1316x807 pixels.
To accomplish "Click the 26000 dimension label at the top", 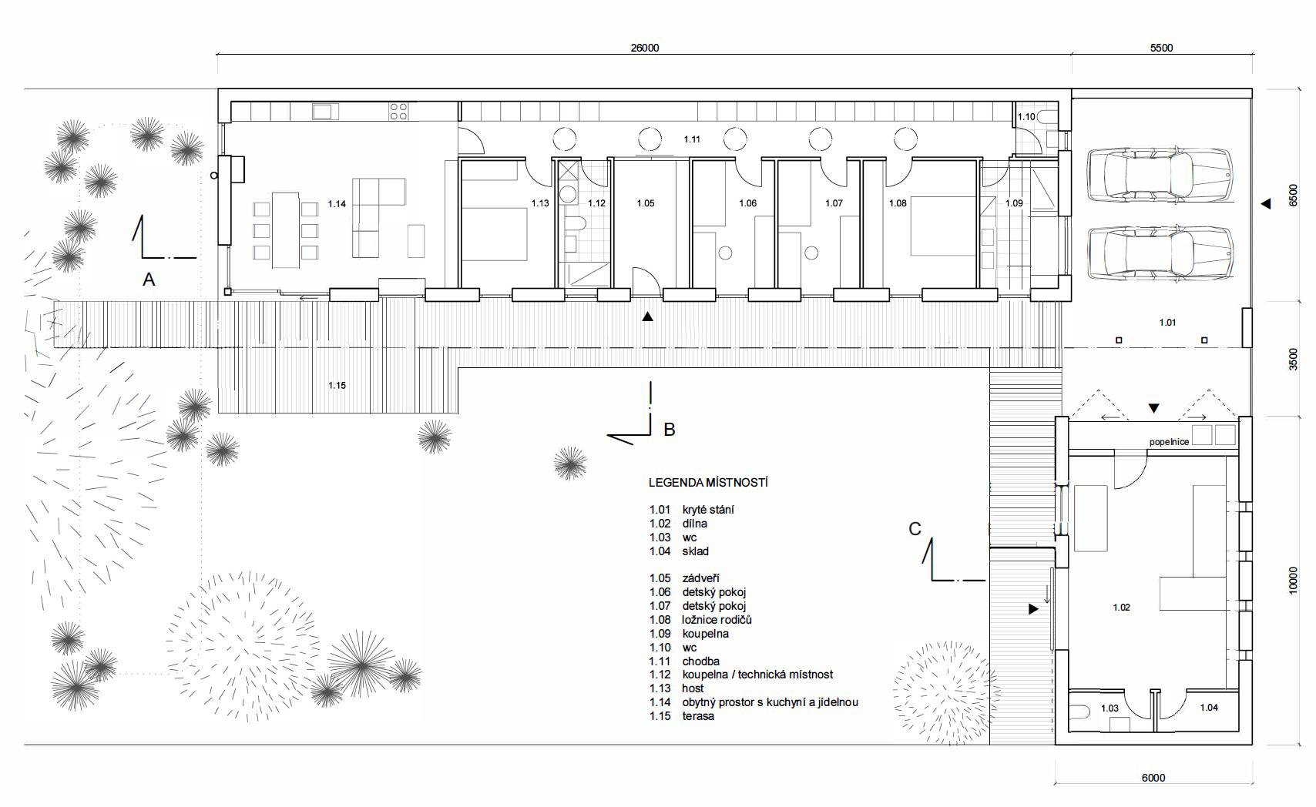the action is tap(644, 49).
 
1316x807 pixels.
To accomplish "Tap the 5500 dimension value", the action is tap(1161, 49).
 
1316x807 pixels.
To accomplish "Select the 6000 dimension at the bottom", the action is tap(1153, 778).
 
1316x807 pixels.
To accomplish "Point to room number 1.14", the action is tap(337, 204).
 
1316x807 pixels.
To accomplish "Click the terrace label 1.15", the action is tap(337, 385).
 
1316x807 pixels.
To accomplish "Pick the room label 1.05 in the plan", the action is tap(645, 203).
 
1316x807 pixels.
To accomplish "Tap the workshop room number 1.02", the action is tap(1121, 608).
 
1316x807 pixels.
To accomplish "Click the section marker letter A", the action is tap(149, 280).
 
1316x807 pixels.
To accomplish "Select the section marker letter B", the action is tap(669, 430).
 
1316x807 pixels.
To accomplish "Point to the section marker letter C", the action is tap(915, 529).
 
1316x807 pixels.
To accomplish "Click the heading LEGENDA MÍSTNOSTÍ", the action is tap(708, 483).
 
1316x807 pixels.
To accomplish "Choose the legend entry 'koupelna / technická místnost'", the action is tap(757, 675).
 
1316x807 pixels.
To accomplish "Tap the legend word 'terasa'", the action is tap(698, 716).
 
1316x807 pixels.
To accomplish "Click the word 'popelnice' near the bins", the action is tap(1169, 442).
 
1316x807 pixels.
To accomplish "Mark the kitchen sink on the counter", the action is tap(325, 111).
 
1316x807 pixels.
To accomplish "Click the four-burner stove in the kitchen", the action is tap(398, 111).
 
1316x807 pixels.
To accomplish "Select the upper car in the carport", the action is tap(1160, 176).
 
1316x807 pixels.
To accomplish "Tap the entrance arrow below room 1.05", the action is tap(647, 316).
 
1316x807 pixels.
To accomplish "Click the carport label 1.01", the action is tap(1167, 323).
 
